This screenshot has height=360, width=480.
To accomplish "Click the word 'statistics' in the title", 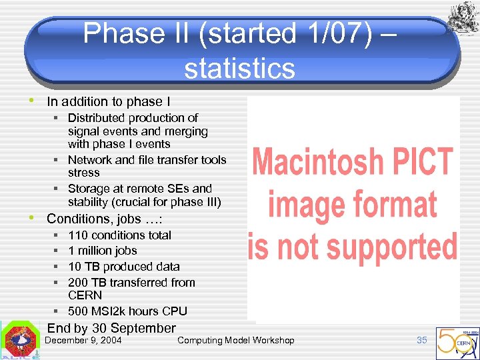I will click(x=239, y=68).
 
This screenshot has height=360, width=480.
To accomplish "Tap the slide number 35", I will click(x=421, y=340).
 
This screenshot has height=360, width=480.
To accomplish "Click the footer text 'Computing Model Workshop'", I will click(x=235, y=341).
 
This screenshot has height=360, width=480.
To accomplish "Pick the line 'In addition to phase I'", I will click(x=108, y=102).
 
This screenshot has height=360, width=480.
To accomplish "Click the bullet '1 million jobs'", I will click(x=102, y=251).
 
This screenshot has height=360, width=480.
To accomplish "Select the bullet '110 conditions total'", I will click(x=119, y=235).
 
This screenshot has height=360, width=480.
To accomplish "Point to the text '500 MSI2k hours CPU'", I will click(x=127, y=311).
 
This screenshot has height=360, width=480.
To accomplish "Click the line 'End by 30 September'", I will click(x=111, y=328).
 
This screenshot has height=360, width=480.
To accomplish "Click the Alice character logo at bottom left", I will click(x=20, y=342).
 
